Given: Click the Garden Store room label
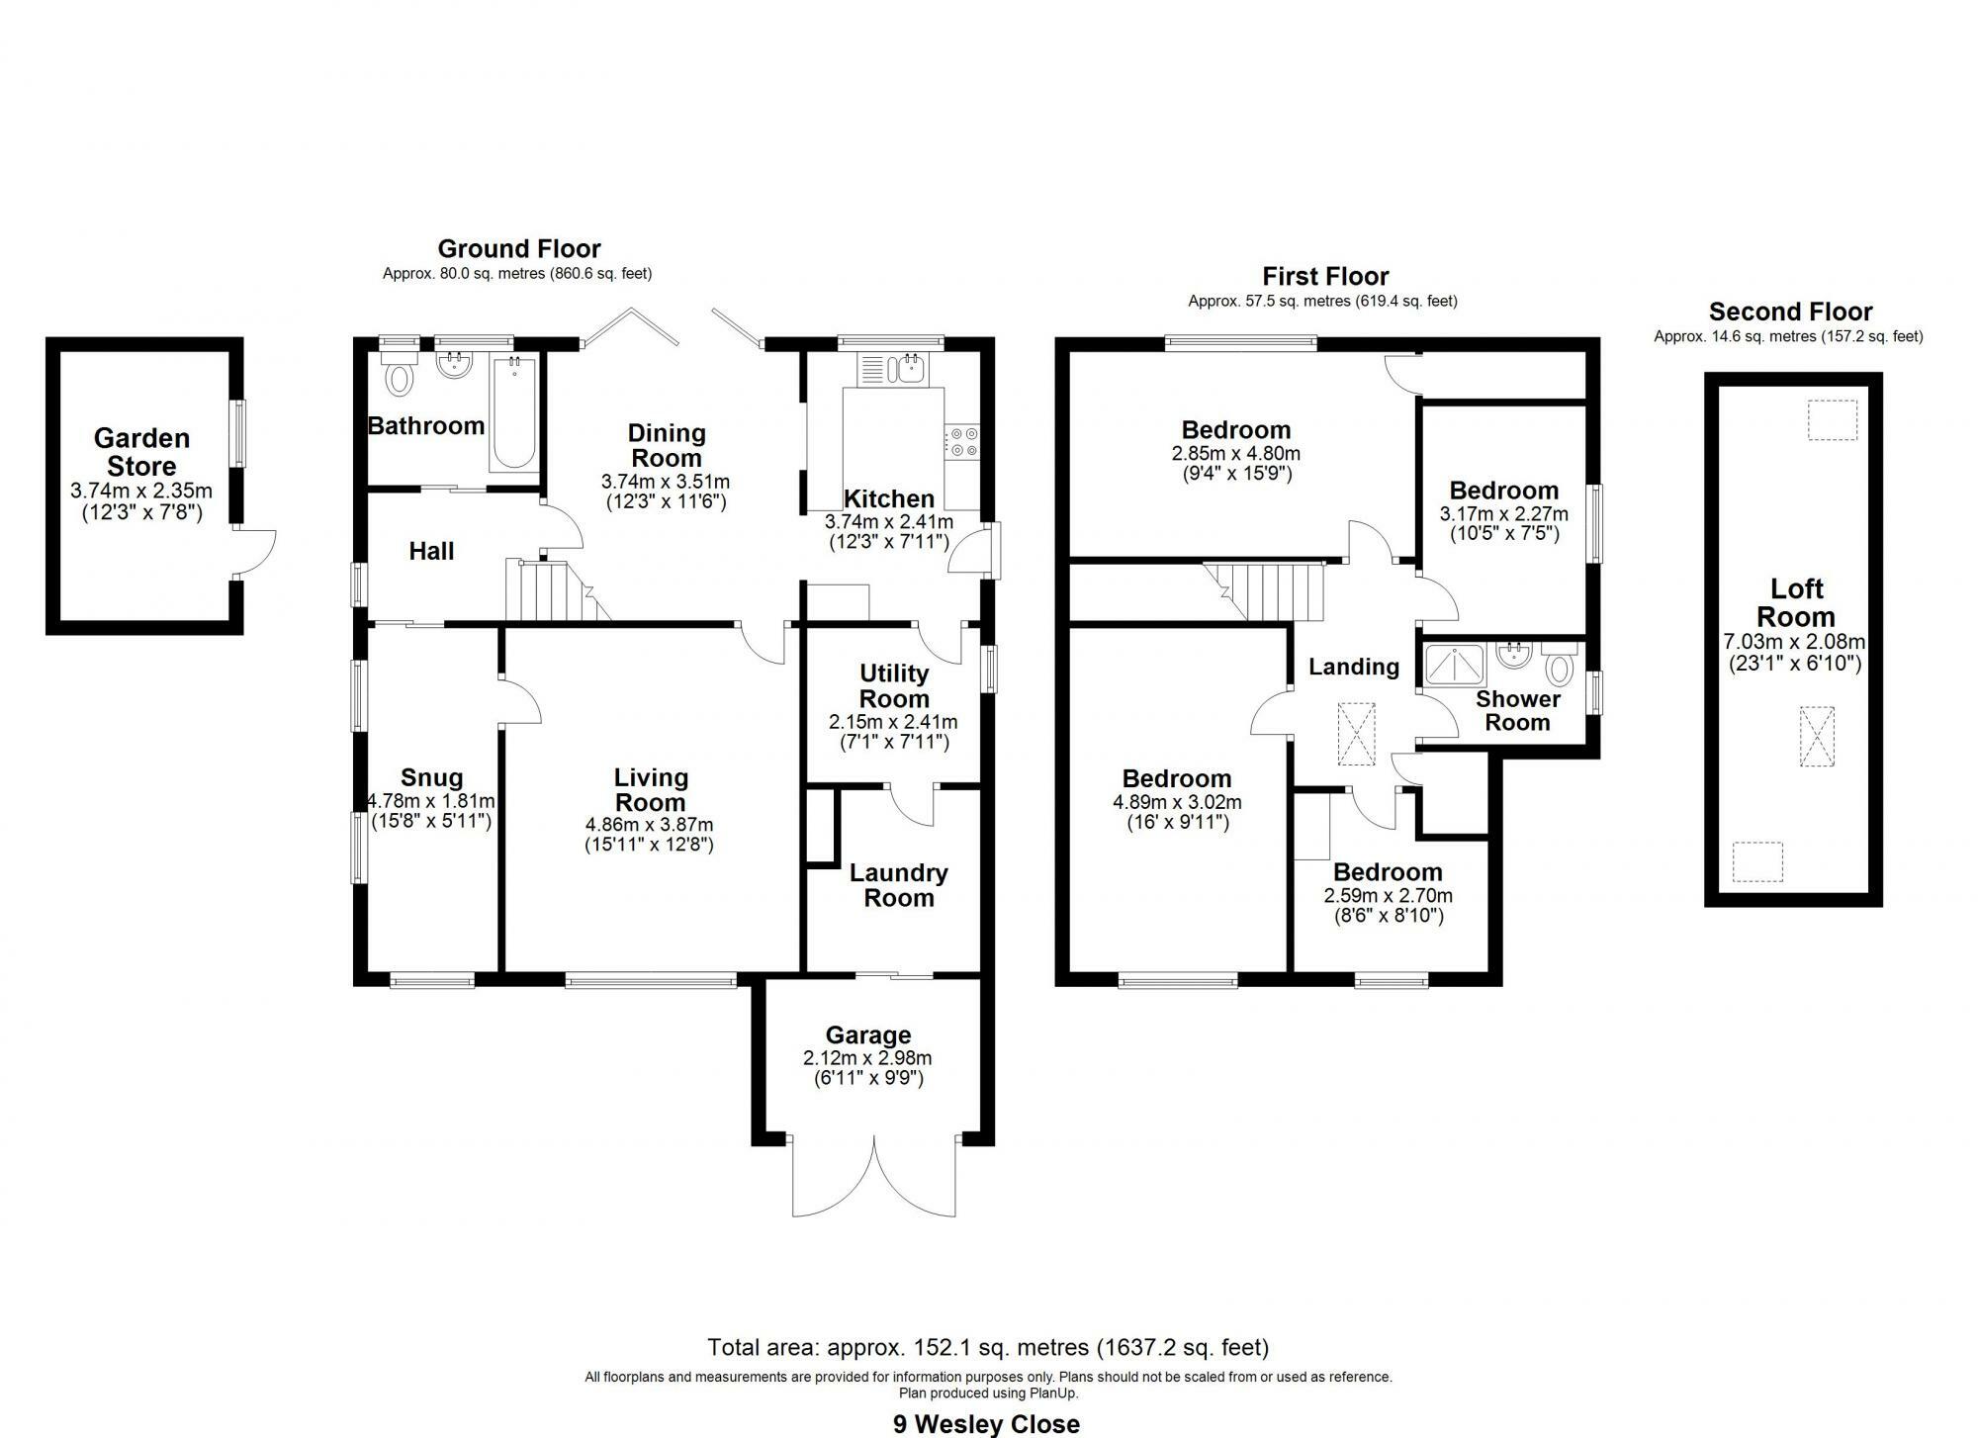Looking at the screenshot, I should click(141, 452).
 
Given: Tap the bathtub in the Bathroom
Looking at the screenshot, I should click(513, 414).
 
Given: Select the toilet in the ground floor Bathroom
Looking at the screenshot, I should click(400, 377).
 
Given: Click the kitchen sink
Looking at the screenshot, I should click(906, 370).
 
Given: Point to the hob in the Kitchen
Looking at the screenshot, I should click(961, 442).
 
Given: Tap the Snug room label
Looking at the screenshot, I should click(431, 778).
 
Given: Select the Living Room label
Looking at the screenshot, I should click(650, 790).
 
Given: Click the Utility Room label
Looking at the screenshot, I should click(894, 686).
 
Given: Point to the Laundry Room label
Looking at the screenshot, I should click(898, 885).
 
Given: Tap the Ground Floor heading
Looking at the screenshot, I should click(519, 248).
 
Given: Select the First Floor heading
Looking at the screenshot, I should click(1325, 276).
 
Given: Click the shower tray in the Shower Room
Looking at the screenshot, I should click(1455, 666).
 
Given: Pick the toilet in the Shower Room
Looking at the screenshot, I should click(1560, 667).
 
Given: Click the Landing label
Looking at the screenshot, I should click(1354, 668).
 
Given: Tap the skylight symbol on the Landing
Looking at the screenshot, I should click(1356, 733).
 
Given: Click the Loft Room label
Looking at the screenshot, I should click(1796, 602).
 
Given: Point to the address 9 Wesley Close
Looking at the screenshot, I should click(987, 1424).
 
